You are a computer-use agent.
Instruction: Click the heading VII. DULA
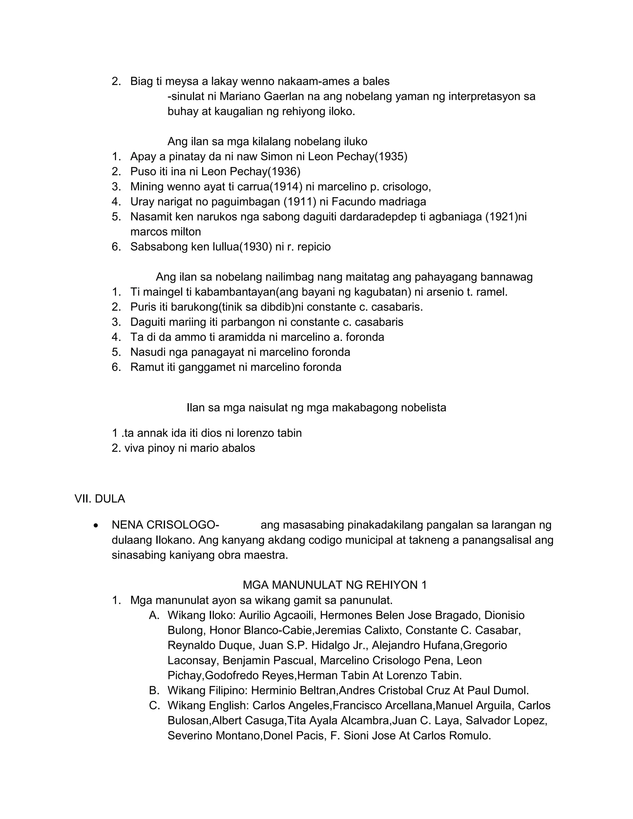(x=100, y=499)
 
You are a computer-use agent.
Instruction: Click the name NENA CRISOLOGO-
(x=165, y=525)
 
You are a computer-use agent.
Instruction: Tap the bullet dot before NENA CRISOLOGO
(x=96, y=526)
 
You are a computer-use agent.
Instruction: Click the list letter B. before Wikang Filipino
(x=154, y=690)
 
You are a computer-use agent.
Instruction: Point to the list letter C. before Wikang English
(x=154, y=705)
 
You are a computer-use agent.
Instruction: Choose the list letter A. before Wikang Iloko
(x=154, y=615)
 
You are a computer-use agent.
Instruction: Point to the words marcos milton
(x=165, y=232)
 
